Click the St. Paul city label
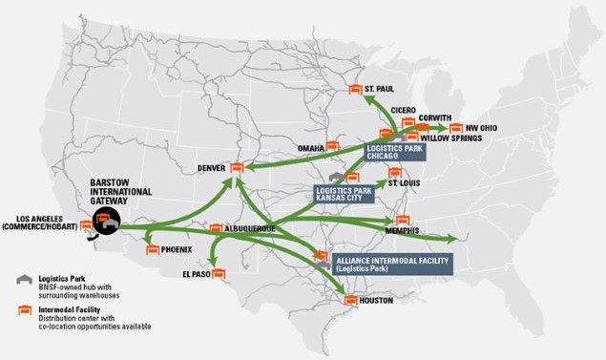pos(380,89)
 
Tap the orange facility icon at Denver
pos(237,168)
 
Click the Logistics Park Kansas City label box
pos(344,193)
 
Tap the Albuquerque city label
pos(250,229)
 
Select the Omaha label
pos(311,148)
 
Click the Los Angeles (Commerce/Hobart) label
pos(41,221)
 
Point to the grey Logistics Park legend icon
pos(22,278)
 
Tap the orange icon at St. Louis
pos(393,172)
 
